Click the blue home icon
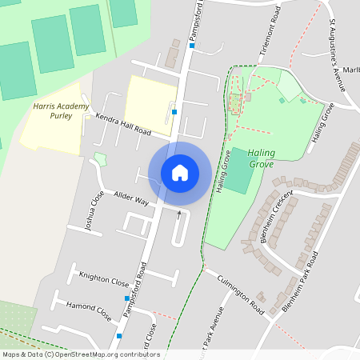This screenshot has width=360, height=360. coord(180,172)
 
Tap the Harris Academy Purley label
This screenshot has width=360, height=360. coord(54,110)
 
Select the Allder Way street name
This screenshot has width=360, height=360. coord(131,198)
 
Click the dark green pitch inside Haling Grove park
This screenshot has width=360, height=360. coord(237,181)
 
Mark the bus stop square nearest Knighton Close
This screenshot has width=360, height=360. coord(126,298)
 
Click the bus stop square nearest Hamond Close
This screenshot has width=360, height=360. coord(119,336)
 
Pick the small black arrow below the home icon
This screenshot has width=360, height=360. coord(179,214)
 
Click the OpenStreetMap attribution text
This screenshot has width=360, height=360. coord(80,354)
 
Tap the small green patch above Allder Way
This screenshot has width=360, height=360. coord(100,158)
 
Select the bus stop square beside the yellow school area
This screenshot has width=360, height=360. coord(174,112)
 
